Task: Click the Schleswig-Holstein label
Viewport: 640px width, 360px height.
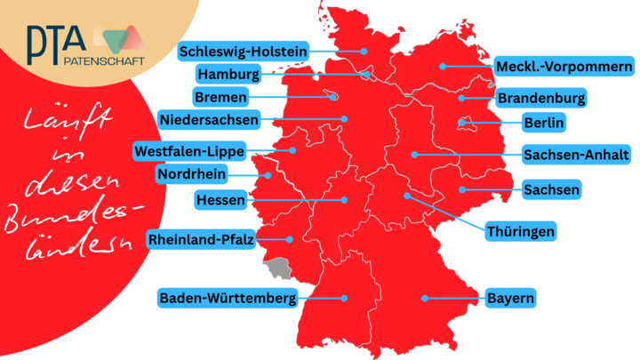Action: coord(243,52)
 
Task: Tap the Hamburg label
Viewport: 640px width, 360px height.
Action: coord(228,74)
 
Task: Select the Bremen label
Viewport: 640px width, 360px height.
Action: coord(220,96)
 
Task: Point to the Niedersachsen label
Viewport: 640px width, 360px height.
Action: coord(209,118)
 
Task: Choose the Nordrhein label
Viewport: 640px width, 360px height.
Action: coord(191,173)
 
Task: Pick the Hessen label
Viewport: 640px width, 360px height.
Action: coord(220,201)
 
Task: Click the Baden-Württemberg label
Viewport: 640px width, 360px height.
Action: coord(227,299)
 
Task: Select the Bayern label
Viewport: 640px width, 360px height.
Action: coord(510,299)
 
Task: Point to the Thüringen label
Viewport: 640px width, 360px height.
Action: coord(520,232)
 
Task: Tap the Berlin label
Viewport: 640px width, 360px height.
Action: coord(544,122)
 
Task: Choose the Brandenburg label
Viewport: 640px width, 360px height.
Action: coord(541,97)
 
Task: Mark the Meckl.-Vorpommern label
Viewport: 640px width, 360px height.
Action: coord(564,67)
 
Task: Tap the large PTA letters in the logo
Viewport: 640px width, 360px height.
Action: coord(55,39)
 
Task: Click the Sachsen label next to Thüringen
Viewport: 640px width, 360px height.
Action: coord(552,189)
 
